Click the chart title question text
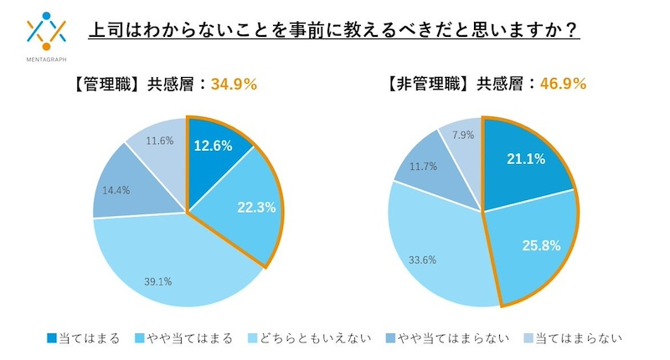click(335, 30)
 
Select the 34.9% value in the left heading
click(234, 84)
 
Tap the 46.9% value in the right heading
click(563, 84)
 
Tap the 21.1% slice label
click(527, 158)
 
